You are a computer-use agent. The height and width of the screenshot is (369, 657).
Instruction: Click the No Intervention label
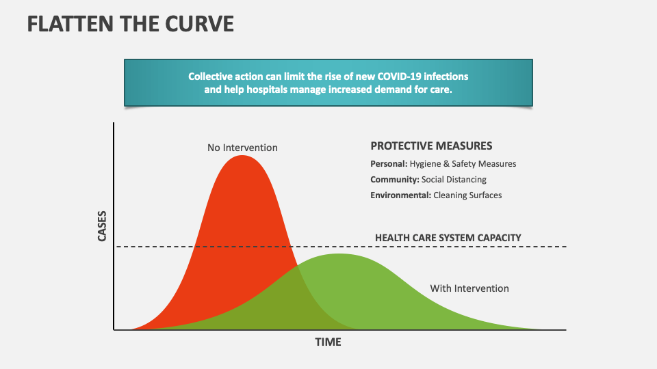[x=242, y=147]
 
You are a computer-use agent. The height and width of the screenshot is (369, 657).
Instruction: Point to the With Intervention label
[x=469, y=288]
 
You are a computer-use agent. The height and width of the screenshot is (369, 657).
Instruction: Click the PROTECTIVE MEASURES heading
[x=431, y=146]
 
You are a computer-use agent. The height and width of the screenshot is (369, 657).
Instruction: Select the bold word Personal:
[x=389, y=164]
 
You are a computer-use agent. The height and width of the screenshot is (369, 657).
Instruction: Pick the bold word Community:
[x=395, y=180]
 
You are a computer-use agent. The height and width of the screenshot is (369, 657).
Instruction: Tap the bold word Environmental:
[x=400, y=195]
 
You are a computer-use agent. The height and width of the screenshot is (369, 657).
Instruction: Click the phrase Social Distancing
[x=454, y=180]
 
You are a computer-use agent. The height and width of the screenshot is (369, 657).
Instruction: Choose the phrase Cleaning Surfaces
[x=467, y=195]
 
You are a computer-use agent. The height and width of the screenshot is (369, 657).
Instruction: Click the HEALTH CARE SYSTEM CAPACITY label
[x=448, y=238]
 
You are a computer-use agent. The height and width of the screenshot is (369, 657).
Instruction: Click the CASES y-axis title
[x=102, y=226]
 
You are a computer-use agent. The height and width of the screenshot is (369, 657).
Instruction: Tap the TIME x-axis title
[x=327, y=342]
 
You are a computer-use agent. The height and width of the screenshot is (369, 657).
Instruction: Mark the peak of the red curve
[x=242, y=156]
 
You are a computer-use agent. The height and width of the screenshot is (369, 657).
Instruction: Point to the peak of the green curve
[x=338, y=254]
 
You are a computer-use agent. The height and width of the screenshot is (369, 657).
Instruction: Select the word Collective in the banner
[x=210, y=76]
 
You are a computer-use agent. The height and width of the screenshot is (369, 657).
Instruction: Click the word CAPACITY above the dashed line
[x=499, y=238]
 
